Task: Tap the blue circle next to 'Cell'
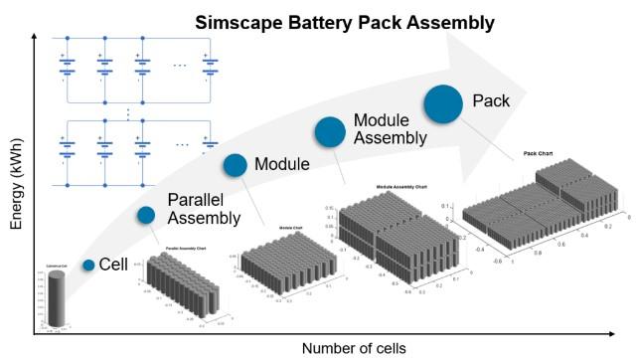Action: pos(88,265)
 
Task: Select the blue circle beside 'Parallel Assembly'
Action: pos(146,215)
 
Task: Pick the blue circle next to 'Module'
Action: pos(235,165)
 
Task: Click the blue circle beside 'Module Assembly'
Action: pos(330,132)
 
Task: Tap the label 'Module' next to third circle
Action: pos(283,164)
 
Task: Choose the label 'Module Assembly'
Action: pos(392,128)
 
